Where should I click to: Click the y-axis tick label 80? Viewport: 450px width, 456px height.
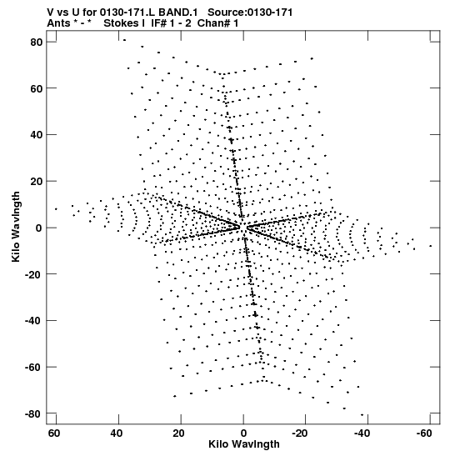click(37, 43)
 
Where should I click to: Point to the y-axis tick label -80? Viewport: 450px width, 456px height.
click(33, 413)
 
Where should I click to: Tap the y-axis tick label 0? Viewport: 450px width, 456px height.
click(39, 228)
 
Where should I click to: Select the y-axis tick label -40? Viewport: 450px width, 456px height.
click(33, 321)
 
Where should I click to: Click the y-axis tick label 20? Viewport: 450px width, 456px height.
click(37, 182)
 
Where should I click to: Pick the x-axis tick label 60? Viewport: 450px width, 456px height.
click(54, 433)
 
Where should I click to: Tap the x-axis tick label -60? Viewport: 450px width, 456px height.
click(424, 433)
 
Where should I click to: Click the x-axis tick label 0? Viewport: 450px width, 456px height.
click(243, 433)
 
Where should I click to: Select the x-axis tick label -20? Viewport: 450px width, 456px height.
click(300, 433)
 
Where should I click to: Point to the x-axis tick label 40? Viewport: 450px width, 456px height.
click(117, 433)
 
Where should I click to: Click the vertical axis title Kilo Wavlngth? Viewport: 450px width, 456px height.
click(16, 227)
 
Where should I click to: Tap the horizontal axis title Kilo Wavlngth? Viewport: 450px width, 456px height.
click(244, 444)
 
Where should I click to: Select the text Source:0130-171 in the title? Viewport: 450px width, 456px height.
click(250, 13)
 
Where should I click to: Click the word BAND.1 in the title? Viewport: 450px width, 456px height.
click(177, 13)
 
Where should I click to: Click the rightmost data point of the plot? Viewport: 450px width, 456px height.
click(431, 246)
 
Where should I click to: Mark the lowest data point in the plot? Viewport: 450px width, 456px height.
click(362, 414)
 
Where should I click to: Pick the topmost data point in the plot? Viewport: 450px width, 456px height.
click(125, 40)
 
